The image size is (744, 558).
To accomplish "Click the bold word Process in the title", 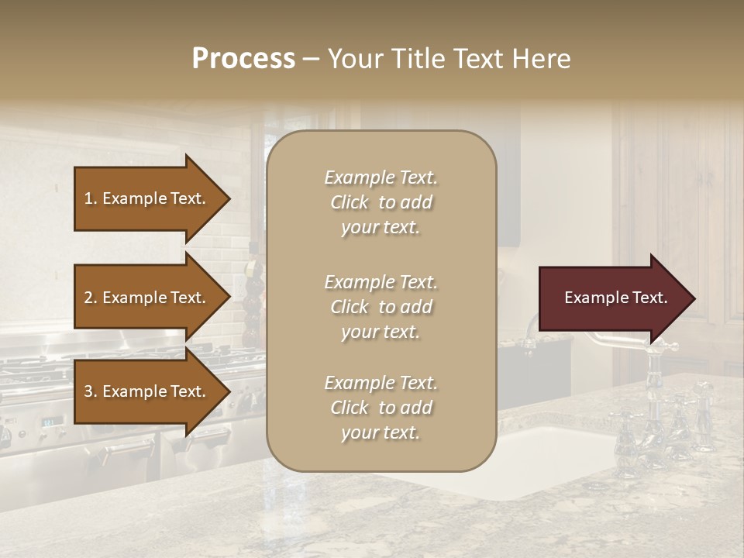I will (243, 59).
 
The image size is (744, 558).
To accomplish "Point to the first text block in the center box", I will (381, 202).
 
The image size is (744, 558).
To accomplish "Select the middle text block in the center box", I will (381, 307).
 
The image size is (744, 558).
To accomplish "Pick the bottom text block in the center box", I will (381, 408).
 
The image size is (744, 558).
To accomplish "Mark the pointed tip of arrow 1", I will (229, 198).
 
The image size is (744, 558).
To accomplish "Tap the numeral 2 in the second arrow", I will (88, 298).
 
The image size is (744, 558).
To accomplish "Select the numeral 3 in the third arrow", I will (88, 391).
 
